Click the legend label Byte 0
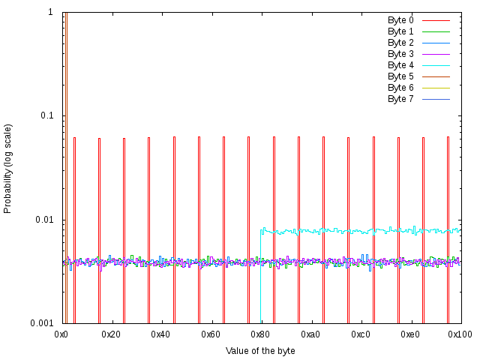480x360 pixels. point(400,20)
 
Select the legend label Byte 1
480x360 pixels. point(400,31)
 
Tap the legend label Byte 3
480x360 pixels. point(400,54)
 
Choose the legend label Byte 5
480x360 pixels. point(400,76)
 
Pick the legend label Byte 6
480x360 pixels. point(400,88)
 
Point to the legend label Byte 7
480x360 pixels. point(400,99)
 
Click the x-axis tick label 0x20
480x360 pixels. point(111,334)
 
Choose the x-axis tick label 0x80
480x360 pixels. point(260,334)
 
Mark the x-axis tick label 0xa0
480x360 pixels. point(310,334)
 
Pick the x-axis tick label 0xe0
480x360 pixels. point(409,334)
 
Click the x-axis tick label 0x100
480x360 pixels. point(460,334)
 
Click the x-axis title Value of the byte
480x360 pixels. point(260,351)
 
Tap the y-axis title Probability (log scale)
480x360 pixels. point(8,168)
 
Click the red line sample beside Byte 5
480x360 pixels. point(436,76)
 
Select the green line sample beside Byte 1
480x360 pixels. point(436,31)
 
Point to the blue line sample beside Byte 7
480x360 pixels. point(436,99)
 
